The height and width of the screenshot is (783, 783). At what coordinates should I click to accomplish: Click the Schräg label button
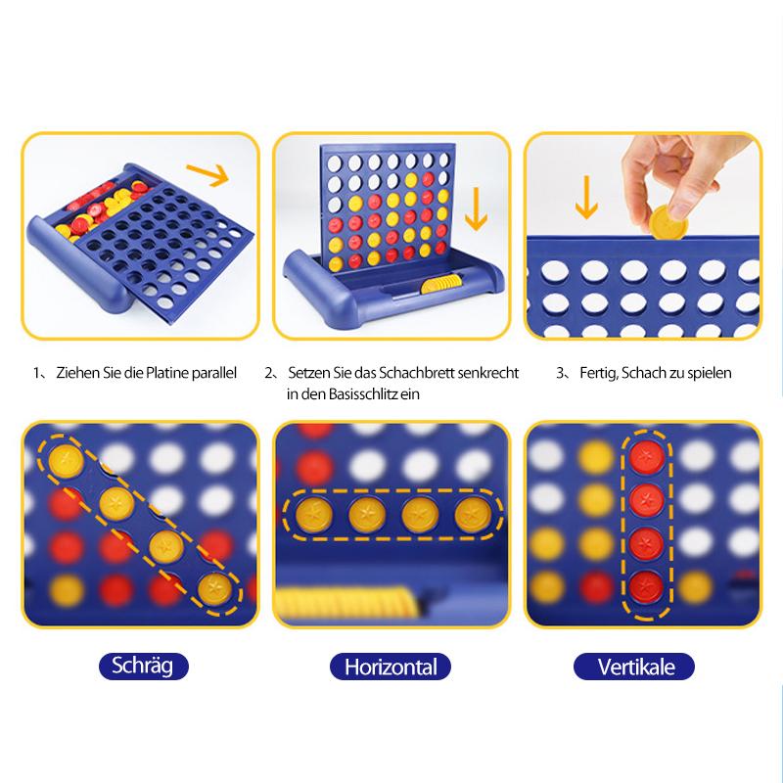click(x=144, y=667)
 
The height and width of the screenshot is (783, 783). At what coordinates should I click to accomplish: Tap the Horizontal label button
click(x=391, y=667)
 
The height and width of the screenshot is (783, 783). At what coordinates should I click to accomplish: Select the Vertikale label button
click(x=634, y=667)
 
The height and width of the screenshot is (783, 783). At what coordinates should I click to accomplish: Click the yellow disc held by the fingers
click(x=668, y=222)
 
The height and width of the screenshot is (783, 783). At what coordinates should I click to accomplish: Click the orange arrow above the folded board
click(x=207, y=174)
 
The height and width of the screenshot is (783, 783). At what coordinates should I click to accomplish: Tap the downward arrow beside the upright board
click(x=476, y=208)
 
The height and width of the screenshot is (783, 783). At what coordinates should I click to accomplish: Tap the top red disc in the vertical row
click(x=646, y=456)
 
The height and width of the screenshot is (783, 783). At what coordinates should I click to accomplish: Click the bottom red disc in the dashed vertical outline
click(x=646, y=587)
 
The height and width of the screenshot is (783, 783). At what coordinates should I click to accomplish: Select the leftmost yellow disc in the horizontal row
click(x=314, y=515)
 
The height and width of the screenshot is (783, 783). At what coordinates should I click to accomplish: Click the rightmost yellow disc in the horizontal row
click(x=473, y=515)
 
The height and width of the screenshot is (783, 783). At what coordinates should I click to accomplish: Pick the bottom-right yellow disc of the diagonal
click(x=215, y=588)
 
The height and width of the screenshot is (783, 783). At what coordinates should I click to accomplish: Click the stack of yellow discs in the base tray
click(x=440, y=284)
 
